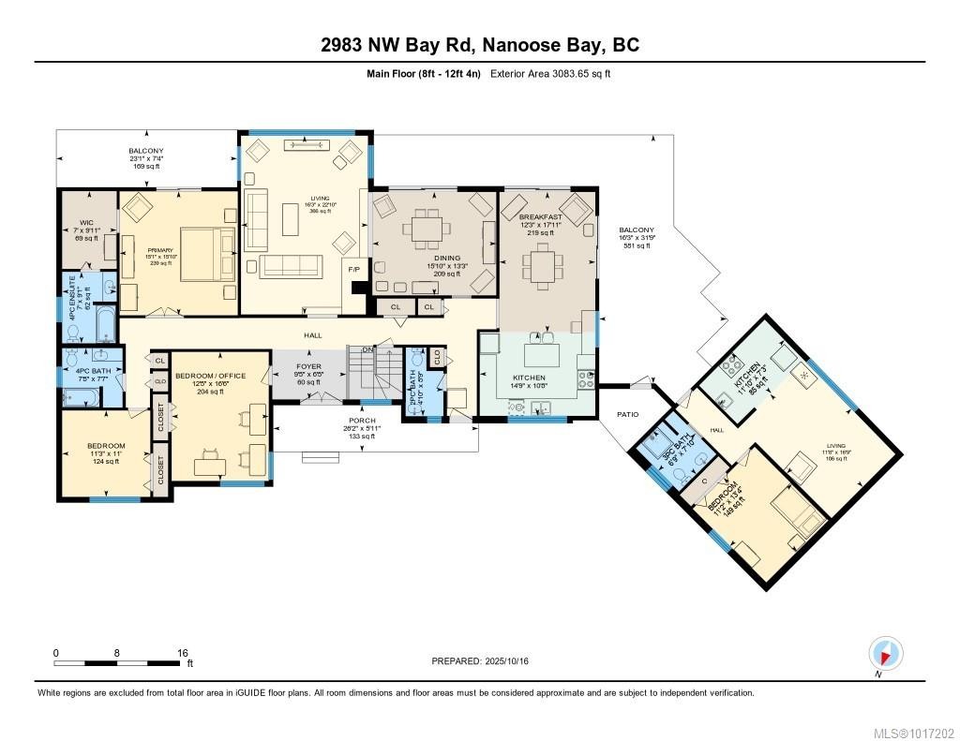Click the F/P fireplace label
353,269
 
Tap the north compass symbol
884,652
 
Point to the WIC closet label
86,224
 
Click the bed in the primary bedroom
205,253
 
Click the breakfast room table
542,265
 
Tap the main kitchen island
542,356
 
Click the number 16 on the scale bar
183,653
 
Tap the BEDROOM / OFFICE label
210,376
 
